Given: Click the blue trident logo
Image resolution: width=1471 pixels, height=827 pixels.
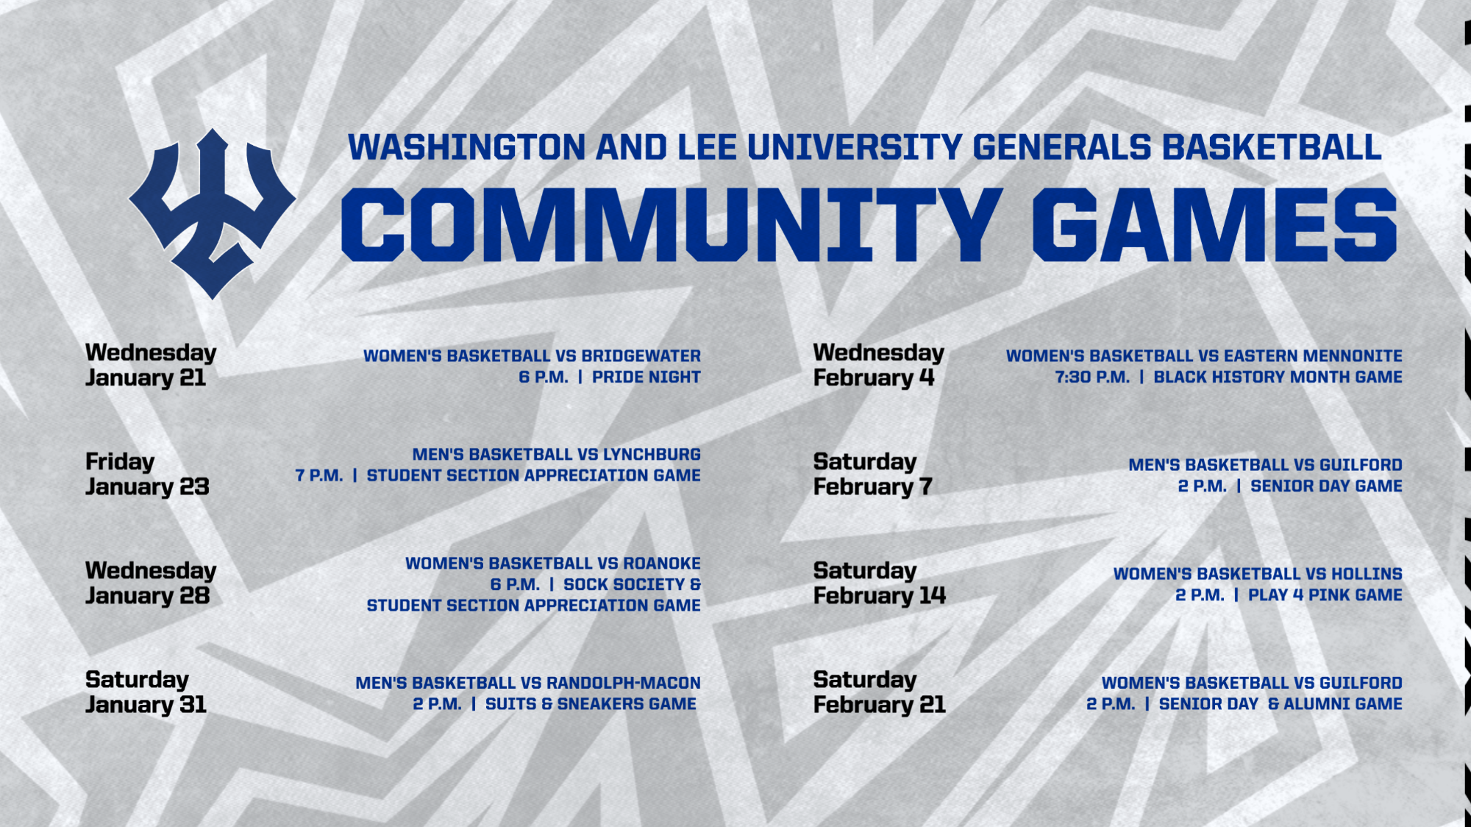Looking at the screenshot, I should tap(212, 213).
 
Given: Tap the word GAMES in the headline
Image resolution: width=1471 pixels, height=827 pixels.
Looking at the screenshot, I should tap(1214, 224).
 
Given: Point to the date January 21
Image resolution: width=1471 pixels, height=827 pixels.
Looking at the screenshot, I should tap(146, 378).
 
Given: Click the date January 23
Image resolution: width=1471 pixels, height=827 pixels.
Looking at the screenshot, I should tap(147, 487).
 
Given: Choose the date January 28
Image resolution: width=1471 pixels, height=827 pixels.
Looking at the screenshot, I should tap(147, 596).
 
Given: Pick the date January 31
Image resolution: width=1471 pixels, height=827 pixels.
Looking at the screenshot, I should tap(146, 705).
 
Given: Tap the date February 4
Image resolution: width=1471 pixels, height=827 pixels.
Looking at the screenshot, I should tap(874, 378).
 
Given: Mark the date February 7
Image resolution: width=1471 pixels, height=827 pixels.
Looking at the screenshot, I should tap(872, 487).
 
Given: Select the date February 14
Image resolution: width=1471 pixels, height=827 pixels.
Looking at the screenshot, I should tap(880, 596).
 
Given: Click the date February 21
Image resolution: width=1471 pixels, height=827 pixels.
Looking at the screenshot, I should tap(880, 705).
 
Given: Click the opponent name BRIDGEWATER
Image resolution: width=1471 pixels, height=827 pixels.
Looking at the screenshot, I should tap(641, 356).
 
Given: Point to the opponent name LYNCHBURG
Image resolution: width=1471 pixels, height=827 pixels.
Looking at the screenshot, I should tap(652, 455).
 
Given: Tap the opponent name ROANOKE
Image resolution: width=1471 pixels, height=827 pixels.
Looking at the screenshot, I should tap(662, 564).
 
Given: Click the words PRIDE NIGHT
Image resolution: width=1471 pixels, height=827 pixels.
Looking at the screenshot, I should tap(646, 377).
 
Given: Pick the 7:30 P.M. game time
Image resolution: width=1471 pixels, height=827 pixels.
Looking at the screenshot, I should tap(1092, 377).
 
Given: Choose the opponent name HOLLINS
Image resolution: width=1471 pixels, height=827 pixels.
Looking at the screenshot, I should tap(1367, 574).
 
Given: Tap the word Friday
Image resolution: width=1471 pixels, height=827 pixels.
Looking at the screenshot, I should tap(120, 462).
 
